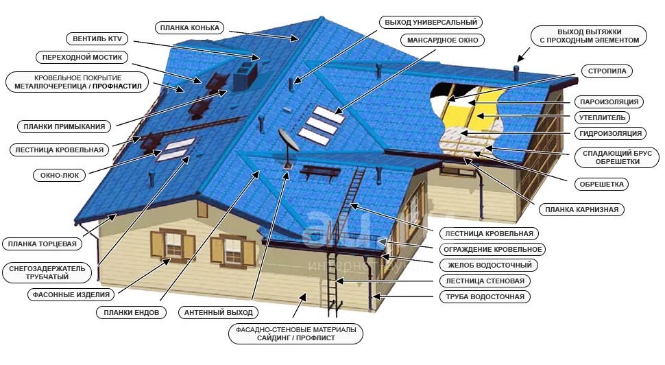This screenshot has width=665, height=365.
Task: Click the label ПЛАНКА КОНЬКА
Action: (x=190, y=28)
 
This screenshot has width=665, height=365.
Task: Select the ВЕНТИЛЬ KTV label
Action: (x=97, y=38)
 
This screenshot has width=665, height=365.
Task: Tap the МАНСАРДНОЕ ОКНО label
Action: (x=442, y=40)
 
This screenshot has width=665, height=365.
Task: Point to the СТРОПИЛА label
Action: (x=607, y=71)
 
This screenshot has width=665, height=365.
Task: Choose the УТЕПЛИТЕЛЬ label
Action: (x=602, y=117)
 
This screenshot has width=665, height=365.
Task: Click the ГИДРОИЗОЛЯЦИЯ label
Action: (x=610, y=133)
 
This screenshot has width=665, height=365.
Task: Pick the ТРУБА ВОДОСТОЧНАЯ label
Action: (x=485, y=296)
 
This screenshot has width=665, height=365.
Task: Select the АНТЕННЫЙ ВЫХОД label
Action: (x=218, y=313)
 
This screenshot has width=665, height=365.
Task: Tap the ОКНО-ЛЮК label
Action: (x=60, y=175)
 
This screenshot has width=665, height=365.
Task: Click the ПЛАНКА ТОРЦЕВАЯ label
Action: (x=42, y=244)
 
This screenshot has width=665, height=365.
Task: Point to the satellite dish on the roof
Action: (x=289, y=141)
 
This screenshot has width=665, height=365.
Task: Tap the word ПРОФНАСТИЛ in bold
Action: (x=117, y=86)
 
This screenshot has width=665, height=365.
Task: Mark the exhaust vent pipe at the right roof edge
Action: (x=516, y=73)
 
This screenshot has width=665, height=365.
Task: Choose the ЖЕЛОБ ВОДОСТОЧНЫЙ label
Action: (x=489, y=266)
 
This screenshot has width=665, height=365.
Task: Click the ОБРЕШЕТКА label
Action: (x=601, y=184)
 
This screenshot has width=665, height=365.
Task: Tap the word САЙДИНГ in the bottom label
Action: (x=274, y=338)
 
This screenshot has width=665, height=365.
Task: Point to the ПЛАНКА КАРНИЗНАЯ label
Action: (x=581, y=210)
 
